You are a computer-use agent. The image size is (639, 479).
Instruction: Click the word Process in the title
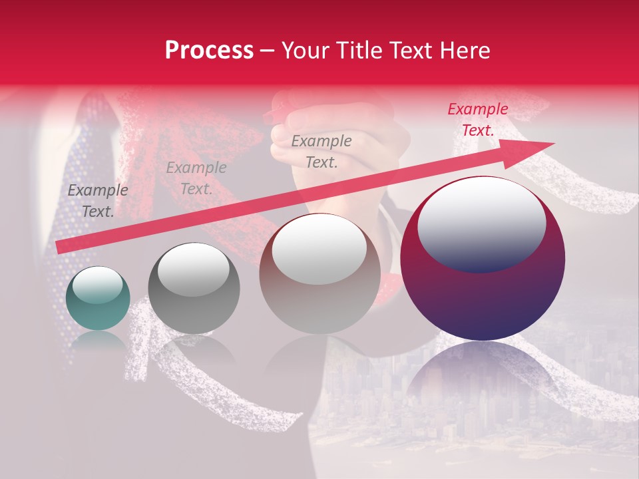209,51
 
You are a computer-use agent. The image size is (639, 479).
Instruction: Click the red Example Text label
477,120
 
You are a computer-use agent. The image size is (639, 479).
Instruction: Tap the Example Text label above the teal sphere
98,201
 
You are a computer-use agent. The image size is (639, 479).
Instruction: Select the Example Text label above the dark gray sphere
196,178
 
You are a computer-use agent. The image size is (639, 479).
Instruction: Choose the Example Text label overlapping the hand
321,151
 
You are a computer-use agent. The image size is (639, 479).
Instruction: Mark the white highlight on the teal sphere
98,286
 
